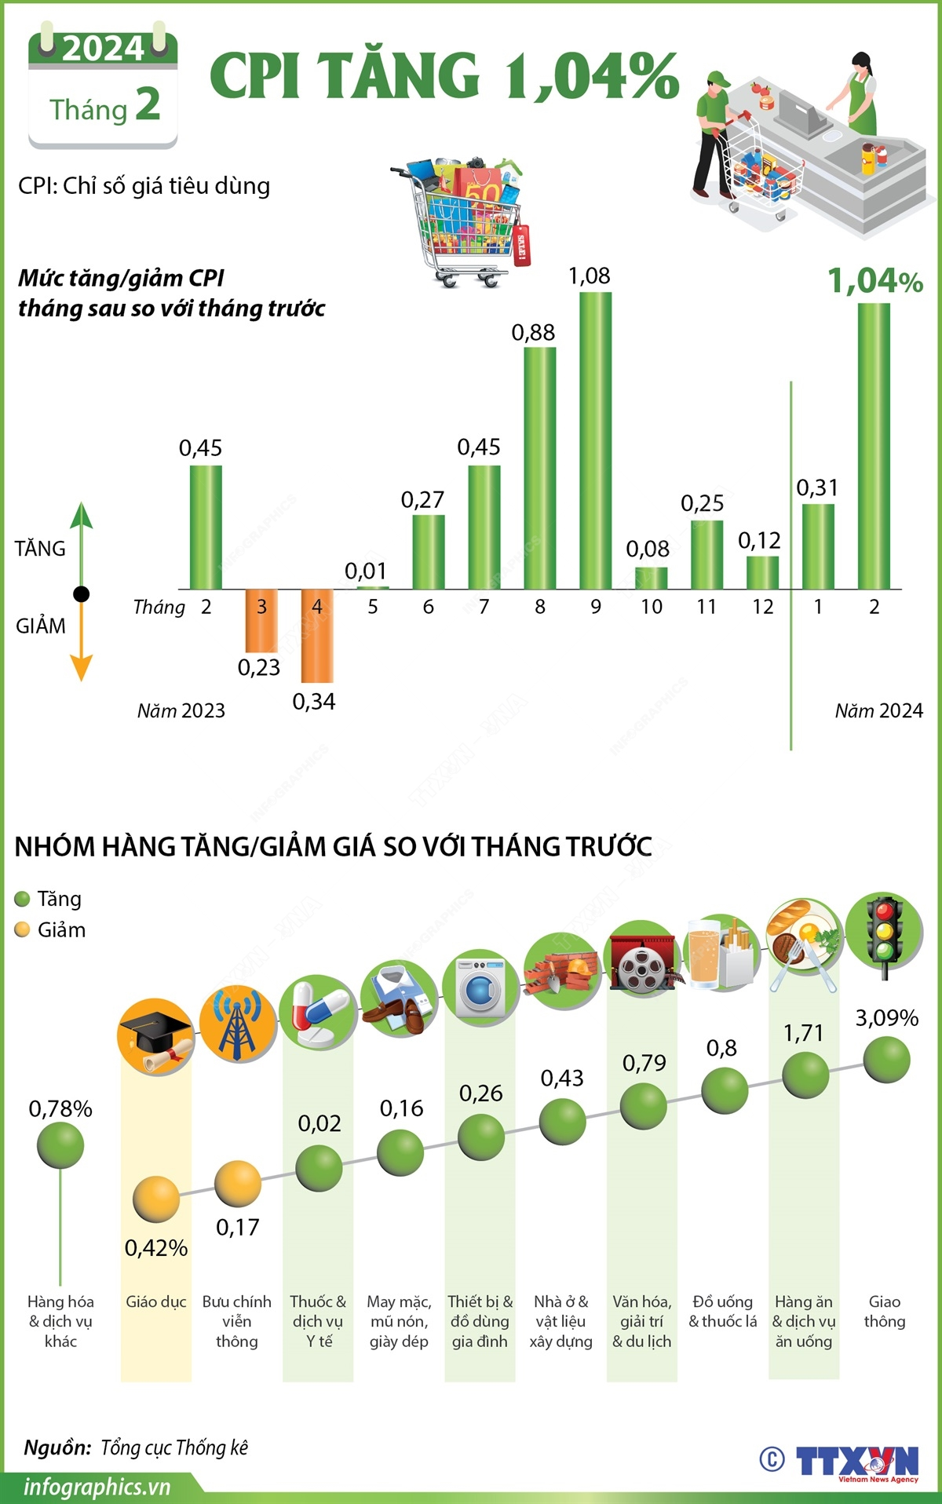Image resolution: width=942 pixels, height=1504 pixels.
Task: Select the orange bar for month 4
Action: click(x=317, y=636)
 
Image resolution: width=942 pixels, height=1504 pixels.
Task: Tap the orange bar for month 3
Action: click(x=261, y=620)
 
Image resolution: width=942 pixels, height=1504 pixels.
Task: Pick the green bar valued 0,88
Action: click(x=539, y=468)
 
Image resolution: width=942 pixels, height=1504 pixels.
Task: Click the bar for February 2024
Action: click(x=874, y=446)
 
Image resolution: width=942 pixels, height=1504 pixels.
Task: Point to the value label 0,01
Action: click(x=366, y=571)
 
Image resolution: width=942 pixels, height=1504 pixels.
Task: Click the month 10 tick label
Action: click(x=652, y=607)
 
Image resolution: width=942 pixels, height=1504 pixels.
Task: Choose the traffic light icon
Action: click(x=884, y=933)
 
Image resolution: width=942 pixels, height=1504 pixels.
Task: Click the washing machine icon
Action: click(x=480, y=988)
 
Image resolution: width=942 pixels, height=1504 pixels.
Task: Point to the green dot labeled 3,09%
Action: click(x=886, y=1060)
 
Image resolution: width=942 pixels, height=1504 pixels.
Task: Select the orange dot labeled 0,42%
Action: click(x=155, y=1199)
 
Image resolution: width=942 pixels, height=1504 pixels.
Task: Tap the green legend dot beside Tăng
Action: click(x=22, y=899)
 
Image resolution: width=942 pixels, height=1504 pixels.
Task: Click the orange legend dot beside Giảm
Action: click(x=22, y=930)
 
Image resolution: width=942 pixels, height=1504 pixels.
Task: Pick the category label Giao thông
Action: click(x=885, y=1312)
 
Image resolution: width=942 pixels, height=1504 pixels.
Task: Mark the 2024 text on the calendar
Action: click(x=103, y=49)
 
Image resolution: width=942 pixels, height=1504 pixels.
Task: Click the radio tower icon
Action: click(x=237, y=1024)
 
